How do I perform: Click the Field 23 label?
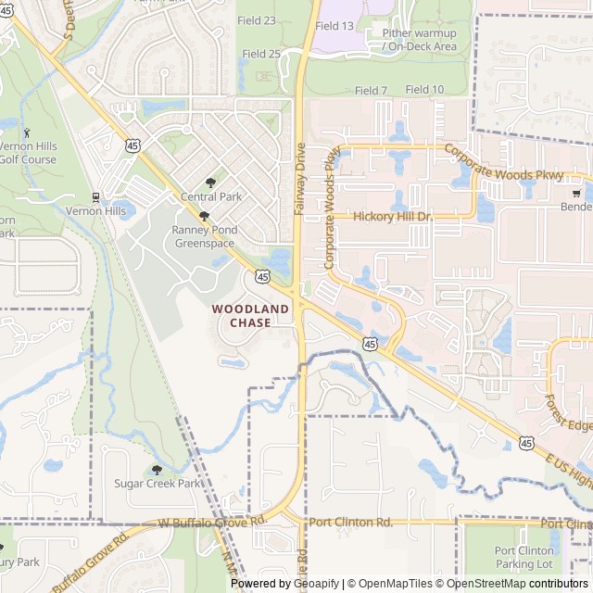click(x=257, y=20)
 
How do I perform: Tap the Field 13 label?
click(x=334, y=26)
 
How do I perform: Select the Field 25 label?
click(x=261, y=54)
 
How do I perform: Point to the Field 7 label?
click(x=371, y=91)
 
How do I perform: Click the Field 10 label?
click(x=424, y=89)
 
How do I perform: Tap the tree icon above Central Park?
click(x=210, y=183)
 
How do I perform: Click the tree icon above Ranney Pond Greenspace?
click(x=204, y=216)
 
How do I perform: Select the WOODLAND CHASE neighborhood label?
click(x=241, y=316)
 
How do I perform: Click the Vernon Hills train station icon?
click(x=95, y=197)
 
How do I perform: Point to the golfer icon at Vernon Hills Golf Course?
click(x=26, y=132)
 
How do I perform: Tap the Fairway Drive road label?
click(x=299, y=179)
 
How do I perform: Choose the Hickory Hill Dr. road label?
click(x=394, y=216)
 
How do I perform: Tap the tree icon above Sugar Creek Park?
click(x=157, y=470)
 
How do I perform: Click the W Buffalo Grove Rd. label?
click(x=212, y=522)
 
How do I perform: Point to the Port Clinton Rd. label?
click(x=350, y=522)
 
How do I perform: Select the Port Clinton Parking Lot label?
click(x=525, y=557)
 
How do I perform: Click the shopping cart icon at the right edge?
click(x=576, y=193)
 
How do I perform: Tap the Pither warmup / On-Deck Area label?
click(x=420, y=39)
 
